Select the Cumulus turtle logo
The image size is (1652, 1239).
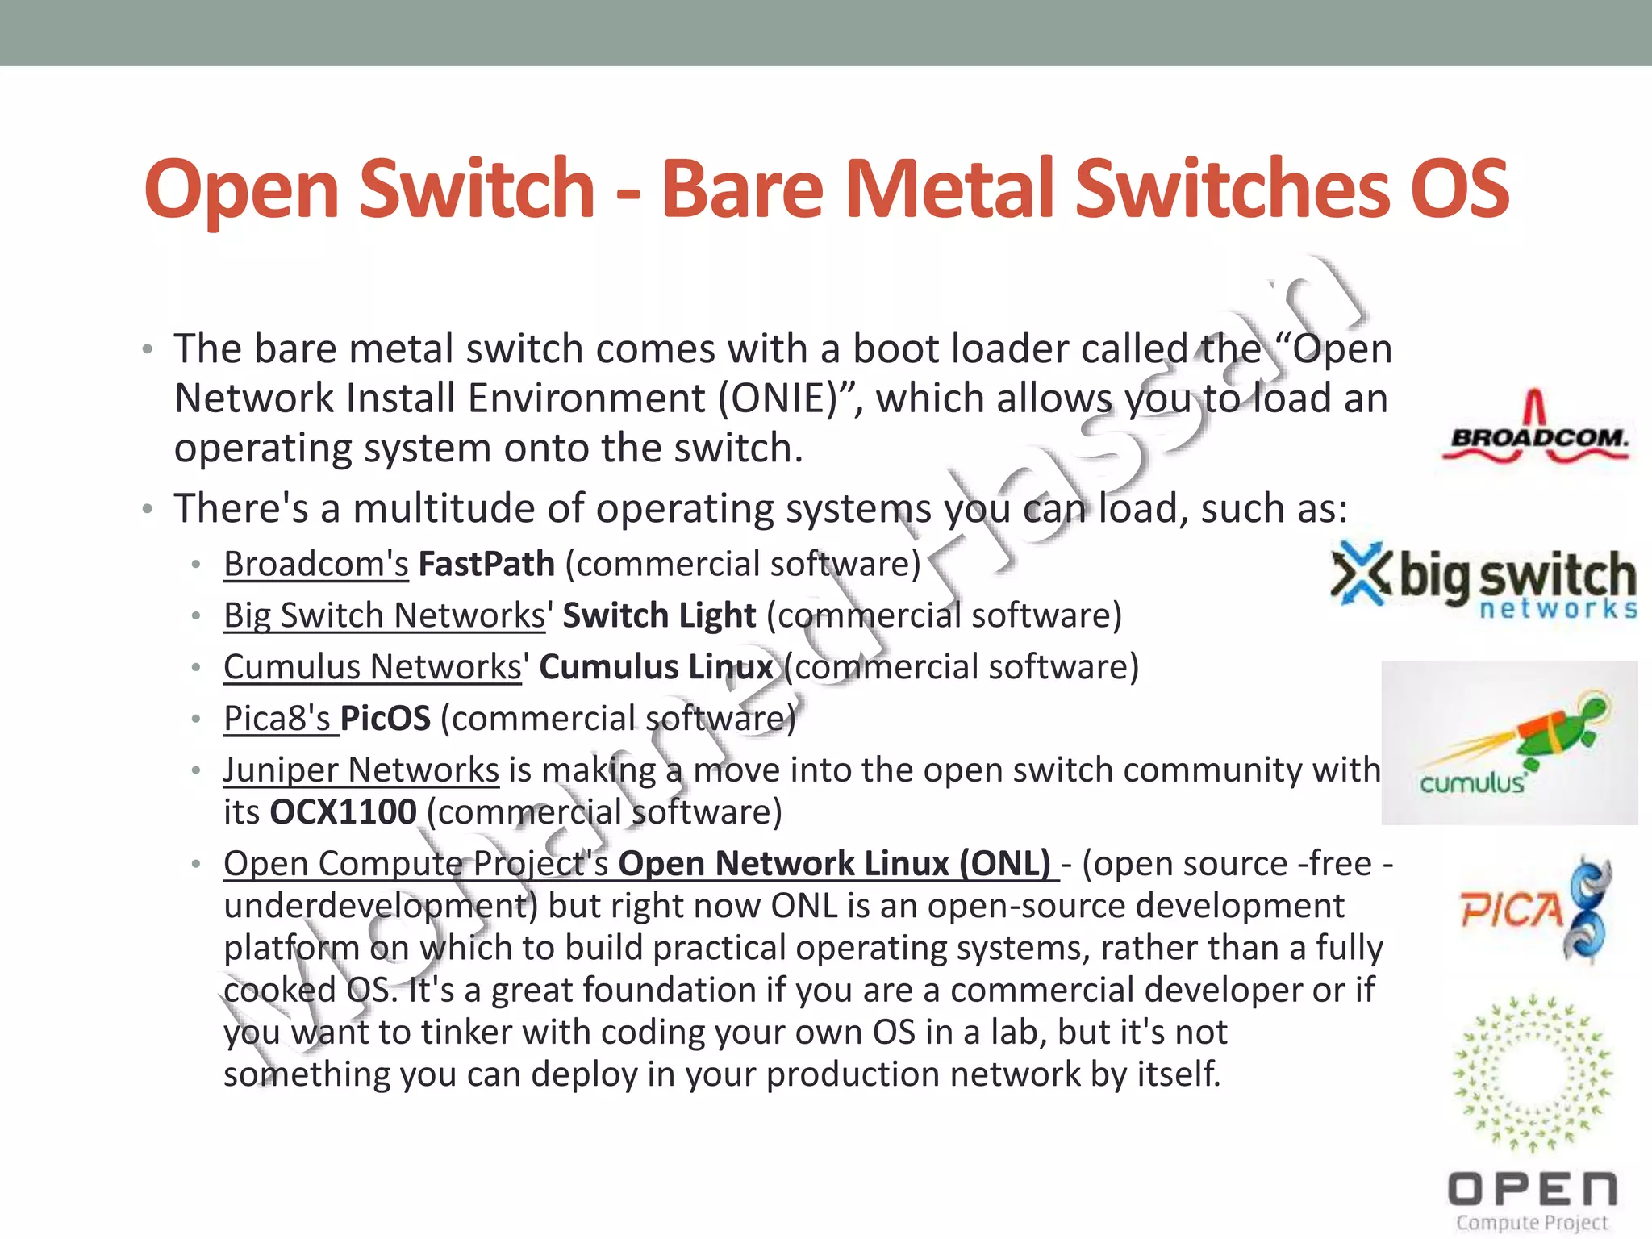click(1509, 743)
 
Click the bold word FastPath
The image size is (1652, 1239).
click(486, 564)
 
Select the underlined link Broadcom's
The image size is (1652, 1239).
click(316, 564)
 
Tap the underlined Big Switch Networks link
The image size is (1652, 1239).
click(385, 615)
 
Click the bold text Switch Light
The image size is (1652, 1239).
click(659, 615)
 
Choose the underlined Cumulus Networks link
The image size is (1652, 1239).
click(373, 667)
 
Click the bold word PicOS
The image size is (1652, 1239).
click(386, 719)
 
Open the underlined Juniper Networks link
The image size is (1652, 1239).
click(361, 770)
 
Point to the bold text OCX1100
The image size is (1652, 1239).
click(343, 812)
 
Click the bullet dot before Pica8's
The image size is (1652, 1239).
click(196, 719)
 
